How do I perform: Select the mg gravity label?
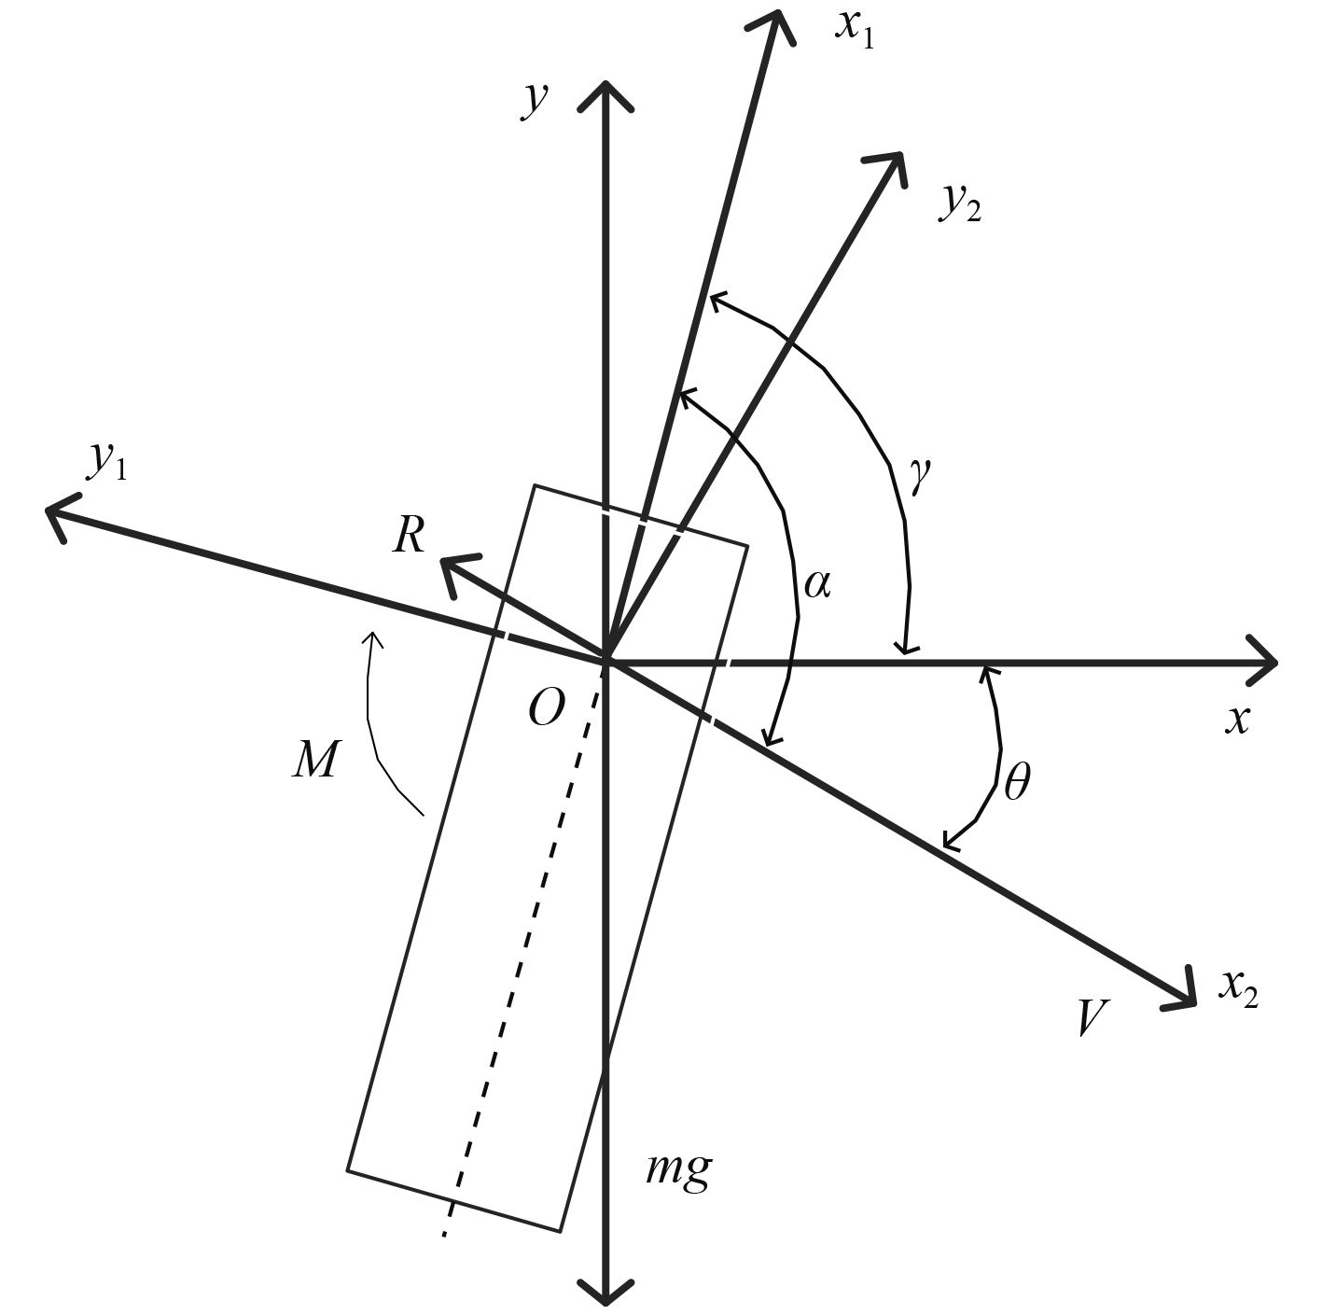(679, 1168)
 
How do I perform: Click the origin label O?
(546, 709)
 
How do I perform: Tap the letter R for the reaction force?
(410, 536)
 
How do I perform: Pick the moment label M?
(314, 760)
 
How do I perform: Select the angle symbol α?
(817, 584)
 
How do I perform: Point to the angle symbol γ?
(919, 476)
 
